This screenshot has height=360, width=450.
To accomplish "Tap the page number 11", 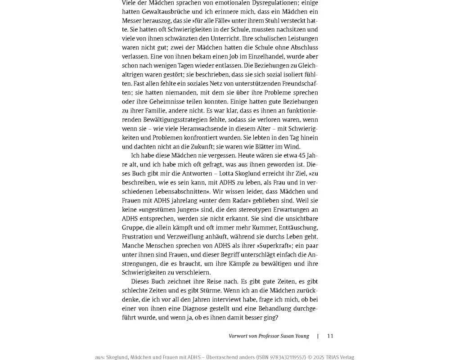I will pyautogui.click(x=330, y=336).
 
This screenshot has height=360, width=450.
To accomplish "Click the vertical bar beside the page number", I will pyautogui.click(x=318, y=336).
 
